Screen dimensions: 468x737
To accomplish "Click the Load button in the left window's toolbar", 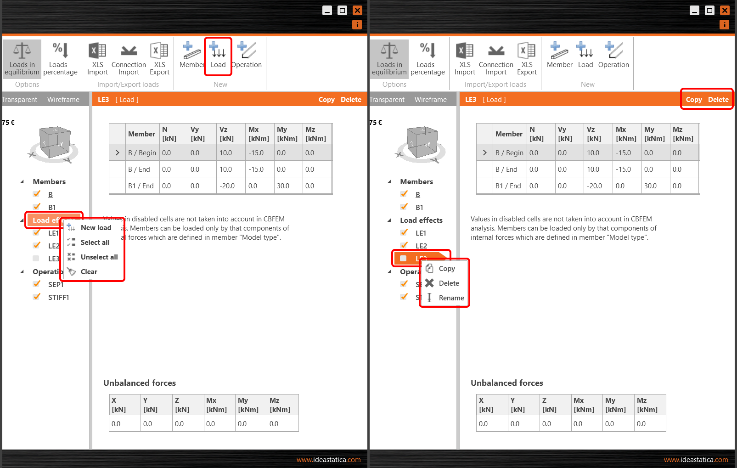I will pos(218,56).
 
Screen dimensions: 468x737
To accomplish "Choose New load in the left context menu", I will pos(96,228).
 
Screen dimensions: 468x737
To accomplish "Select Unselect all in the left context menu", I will pos(99,257).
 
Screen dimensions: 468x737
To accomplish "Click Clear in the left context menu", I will pos(89,272).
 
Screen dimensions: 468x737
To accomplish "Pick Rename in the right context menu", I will pos(451,298).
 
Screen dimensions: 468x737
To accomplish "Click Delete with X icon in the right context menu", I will pos(448,283).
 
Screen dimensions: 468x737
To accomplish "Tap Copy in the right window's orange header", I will pos(693,100).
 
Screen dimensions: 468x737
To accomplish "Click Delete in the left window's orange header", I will pos(351,100).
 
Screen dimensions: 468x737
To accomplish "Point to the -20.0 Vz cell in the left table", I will pos(227,186).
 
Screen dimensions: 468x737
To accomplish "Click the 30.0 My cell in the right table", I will pos(650,186).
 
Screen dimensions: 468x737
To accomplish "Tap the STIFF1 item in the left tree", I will pos(58,298).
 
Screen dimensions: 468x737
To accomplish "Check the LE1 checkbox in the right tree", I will pos(404,233).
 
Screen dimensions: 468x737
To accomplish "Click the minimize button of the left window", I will pos(327,11).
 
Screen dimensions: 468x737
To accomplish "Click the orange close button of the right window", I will pos(725,11).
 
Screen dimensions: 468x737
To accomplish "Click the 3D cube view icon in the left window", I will pos(54,144).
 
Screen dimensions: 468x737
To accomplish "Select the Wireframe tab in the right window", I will pos(430,100).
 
